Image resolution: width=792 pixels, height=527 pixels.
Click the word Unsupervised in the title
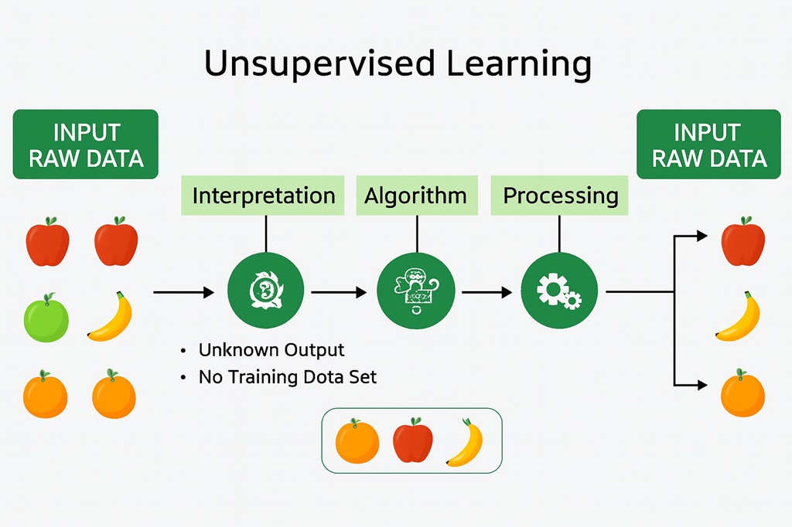(319, 63)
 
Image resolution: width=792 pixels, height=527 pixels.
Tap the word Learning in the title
(519, 64)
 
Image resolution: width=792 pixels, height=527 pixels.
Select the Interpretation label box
(263, 195)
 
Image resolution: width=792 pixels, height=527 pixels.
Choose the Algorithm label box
(417, 195)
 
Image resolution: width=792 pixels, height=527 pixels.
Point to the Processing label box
(559, 195)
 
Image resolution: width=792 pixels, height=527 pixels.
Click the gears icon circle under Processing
(559, 291)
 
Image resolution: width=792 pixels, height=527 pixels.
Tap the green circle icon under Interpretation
(266, 291)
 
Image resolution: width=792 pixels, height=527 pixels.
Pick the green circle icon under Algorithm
(415, 291)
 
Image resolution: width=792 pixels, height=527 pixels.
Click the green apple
(46, 318)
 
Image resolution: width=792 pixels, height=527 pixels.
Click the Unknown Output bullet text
(271, 350)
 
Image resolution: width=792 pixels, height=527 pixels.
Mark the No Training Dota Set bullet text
(288, 377)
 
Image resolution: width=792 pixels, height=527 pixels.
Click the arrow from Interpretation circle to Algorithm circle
(339, 292)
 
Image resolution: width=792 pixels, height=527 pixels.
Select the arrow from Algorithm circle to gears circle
(487, 292)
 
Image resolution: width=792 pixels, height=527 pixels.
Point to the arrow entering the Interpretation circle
(184, 292)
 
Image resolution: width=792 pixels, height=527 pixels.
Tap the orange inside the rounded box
(357, 440)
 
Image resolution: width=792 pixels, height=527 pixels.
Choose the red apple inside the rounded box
(413, 440)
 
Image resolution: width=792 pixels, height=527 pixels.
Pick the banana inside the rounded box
(466, 442)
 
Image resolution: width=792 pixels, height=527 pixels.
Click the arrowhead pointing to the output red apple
(702, 236)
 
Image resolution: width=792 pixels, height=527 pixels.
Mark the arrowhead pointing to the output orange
(702, 385)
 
